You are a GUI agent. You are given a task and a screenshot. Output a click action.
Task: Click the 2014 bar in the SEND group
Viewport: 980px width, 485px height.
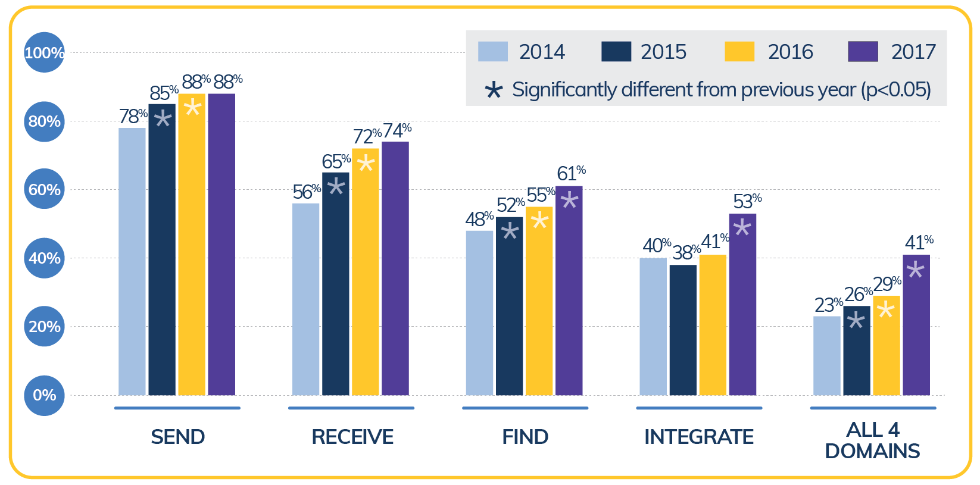click(132, 262)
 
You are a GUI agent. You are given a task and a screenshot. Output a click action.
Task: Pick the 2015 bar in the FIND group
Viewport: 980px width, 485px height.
click(509, 306)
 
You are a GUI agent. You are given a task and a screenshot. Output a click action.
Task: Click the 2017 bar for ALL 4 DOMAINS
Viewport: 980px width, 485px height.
click(916, 325)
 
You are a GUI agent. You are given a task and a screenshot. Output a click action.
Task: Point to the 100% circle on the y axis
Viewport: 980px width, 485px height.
click(44, 52)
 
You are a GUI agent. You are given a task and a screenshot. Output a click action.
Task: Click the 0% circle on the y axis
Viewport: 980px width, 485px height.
click(44, 395)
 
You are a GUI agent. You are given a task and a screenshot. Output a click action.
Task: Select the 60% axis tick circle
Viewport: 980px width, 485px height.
click(44, 189)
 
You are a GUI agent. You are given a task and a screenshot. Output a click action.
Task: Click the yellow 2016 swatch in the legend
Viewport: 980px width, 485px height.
click(739, 52)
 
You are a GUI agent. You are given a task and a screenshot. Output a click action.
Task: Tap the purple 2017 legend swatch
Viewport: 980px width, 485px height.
click(863, 52)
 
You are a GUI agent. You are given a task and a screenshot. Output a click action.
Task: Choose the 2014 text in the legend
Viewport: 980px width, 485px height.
click(541, 52)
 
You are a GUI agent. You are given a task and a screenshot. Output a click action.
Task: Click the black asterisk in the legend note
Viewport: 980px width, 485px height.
click(494, 90)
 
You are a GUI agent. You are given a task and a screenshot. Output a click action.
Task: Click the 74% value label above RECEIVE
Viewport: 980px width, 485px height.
click(397, 130)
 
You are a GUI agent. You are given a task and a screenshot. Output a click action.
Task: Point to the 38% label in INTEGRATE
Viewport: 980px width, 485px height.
click(686, 252)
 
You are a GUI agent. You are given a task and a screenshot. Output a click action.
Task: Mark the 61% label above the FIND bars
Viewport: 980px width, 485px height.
click(570, 173)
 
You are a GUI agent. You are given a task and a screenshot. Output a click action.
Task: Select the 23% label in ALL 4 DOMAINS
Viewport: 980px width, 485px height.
click(828, 305)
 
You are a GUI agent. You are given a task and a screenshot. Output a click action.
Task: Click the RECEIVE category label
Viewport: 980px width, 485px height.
click(352, 437)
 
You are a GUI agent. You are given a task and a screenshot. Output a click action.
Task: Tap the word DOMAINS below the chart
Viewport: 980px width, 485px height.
click(872, 451)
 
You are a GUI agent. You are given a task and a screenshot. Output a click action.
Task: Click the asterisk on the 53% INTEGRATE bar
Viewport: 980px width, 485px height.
click(742, 228)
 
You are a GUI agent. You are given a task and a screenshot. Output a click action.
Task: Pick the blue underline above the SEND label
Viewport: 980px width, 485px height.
click(177, 408)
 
